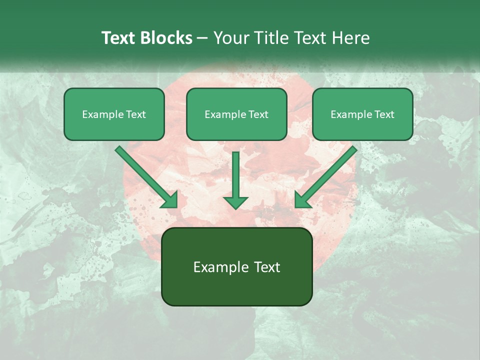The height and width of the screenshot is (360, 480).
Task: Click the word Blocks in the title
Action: (166, 38)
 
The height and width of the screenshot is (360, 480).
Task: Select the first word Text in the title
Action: (119, 38)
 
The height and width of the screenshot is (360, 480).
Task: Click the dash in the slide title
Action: (202, 38)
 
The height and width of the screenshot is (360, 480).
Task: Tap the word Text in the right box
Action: (384, 114)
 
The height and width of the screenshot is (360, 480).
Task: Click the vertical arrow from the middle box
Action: (235, 175)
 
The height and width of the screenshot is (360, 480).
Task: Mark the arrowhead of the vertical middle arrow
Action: (235, 202)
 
